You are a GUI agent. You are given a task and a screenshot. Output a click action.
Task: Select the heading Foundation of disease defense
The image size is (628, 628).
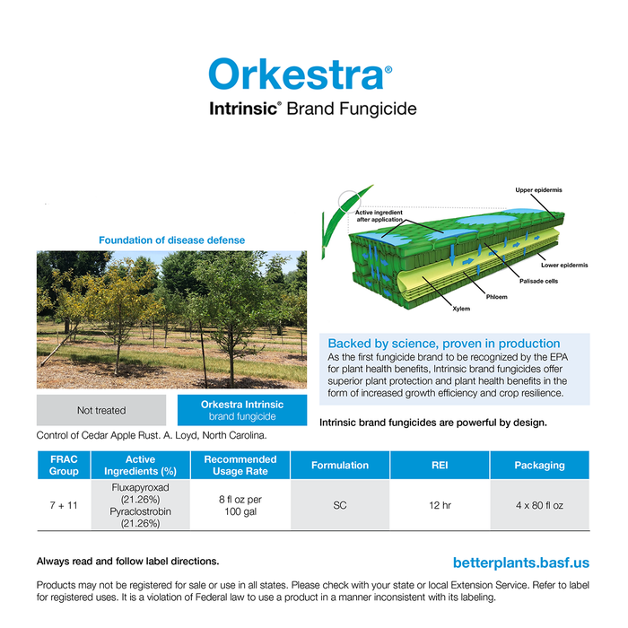171,240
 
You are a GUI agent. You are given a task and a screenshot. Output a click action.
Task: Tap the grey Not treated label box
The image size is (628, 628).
101,410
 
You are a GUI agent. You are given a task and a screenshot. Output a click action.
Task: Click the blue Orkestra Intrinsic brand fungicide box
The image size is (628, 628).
242,410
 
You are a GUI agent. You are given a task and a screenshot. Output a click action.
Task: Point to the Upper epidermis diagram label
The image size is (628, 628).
538,190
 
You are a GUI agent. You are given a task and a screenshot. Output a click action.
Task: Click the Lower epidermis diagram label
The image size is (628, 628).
564,265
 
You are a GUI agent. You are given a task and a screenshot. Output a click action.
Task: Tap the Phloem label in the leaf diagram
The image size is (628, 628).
496,296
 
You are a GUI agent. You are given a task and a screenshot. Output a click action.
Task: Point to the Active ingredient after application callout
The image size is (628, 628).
379,215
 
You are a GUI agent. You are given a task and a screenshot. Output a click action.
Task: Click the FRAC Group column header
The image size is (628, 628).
64,465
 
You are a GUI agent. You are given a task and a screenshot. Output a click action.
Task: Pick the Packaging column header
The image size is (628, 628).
539,465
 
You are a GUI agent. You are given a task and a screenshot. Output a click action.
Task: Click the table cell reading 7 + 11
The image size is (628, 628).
64,505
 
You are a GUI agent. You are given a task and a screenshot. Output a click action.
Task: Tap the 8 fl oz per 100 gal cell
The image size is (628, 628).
240,505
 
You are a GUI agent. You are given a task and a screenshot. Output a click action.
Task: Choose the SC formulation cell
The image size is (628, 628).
340,505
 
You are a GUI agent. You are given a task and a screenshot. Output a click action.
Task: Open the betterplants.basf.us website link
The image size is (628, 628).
521,563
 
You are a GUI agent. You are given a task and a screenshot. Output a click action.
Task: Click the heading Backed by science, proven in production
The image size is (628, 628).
443,344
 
